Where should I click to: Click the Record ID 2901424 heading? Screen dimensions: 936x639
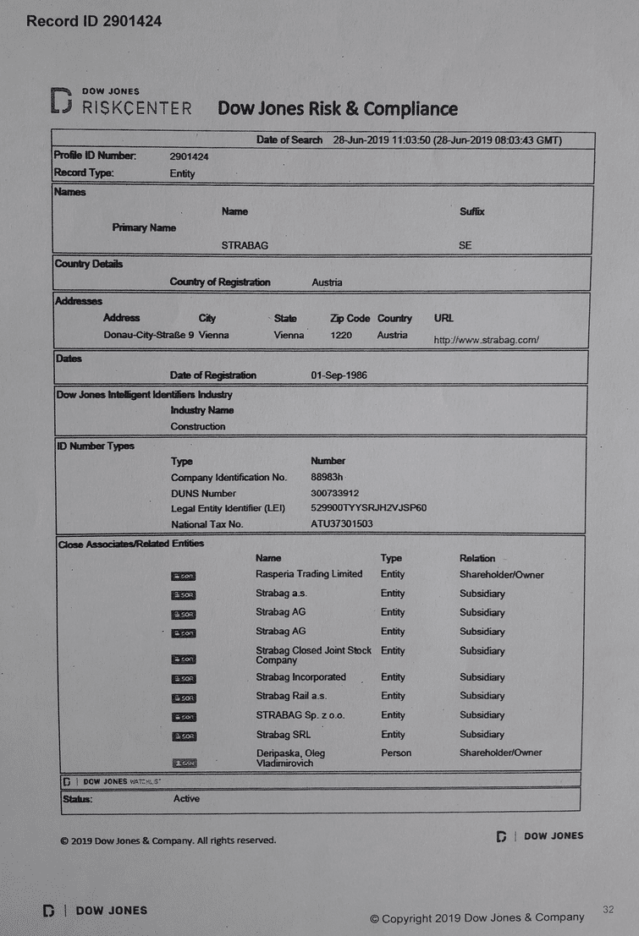click(94, 20)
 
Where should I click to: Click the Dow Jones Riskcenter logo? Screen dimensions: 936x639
click(122, 102)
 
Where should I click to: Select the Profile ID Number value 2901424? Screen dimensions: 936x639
click(189, 156)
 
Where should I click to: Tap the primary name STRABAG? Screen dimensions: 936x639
click(245, 245)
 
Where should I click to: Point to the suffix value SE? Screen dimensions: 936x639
click(465, 245)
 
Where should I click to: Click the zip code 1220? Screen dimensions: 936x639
click(343, 335)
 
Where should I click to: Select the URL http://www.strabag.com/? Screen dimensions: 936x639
click(486, 340)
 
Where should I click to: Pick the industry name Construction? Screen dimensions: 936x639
click(198, 426)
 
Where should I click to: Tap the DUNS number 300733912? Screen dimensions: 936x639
click(335, 493)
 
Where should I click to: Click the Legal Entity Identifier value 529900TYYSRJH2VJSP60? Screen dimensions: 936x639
click(369, 508)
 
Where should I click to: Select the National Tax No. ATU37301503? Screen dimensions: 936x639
click(342, 524)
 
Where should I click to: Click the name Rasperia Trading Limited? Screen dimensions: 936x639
click(309, 574)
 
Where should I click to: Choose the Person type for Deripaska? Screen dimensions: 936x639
click(396, 753)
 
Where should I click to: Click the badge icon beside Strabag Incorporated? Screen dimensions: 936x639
click(184, 679)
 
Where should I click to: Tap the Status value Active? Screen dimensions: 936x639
click(186, 798)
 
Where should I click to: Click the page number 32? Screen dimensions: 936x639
click(608, 909)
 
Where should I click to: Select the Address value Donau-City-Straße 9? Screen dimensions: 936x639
click(149, 335)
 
